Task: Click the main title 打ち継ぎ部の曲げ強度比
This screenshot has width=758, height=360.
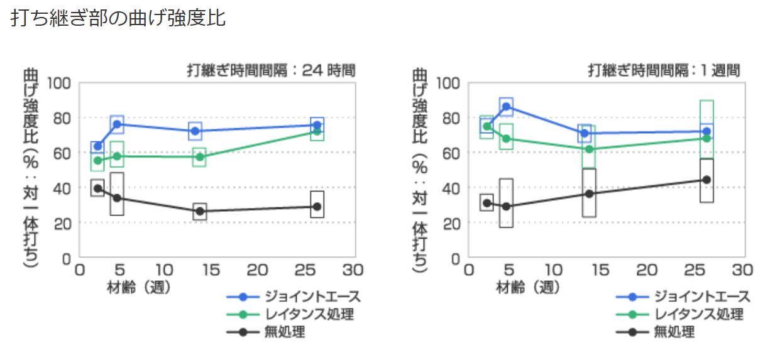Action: (118, 18)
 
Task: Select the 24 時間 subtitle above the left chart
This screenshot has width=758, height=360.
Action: (272, 70)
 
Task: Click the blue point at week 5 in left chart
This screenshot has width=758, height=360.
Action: (117, 124)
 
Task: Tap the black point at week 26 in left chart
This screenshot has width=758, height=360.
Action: (317, 207)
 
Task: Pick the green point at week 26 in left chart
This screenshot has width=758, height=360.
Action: (317, 132)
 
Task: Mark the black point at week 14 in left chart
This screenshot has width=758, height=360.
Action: (200, 211)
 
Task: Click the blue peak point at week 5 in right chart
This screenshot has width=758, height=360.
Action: (506, 106)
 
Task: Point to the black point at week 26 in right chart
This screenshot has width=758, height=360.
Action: (706, 180)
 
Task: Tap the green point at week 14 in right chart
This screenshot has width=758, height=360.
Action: (589, 149)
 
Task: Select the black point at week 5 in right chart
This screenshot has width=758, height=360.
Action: (506, 207)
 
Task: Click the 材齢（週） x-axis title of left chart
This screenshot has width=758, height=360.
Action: (137, 287)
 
